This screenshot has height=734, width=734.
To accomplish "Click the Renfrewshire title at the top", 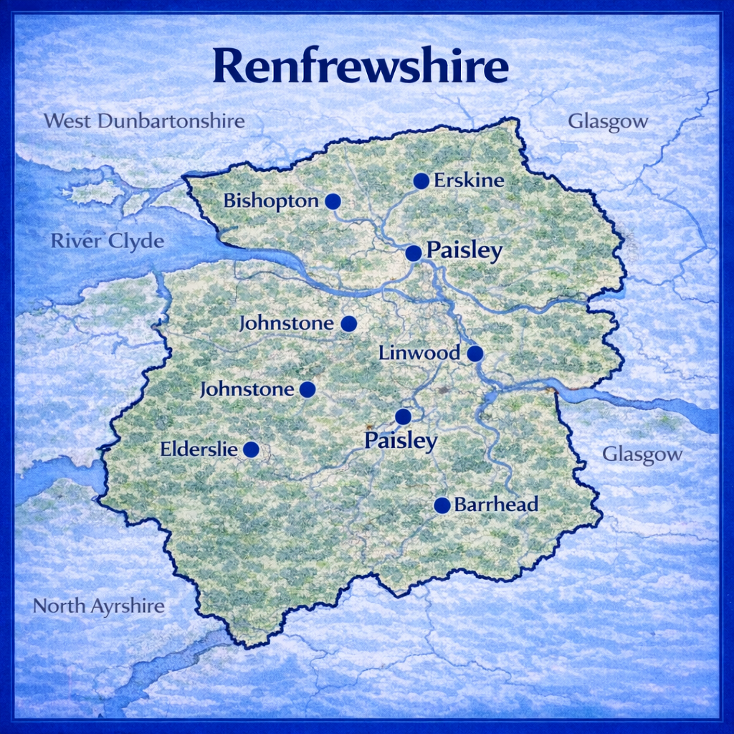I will tap(361, 67).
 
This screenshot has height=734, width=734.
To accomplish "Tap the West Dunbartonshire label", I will tap(144, 120).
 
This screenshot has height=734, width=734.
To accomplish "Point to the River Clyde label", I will tap(107, 242).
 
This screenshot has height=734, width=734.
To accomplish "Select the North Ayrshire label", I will tap(99, 606).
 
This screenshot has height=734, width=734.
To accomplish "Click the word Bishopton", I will tap(271, 201).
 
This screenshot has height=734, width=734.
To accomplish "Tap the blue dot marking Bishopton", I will tap(333, 201).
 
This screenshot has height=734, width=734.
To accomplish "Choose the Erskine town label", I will tap(469, 181).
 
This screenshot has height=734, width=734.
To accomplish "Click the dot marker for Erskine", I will tap(421, 181).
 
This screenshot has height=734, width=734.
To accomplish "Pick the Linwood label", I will tap(419, 353).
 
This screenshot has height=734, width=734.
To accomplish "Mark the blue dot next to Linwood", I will tap(475, 353).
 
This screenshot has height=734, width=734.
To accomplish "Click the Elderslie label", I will tap(199, 449).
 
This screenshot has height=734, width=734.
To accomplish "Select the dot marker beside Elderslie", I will tap(251, 449).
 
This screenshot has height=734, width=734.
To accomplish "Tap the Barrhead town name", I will tap(496, 505).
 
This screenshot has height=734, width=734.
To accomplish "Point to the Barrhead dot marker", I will tap(442, 505).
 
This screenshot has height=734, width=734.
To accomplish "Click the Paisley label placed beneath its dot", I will tap(401, 441).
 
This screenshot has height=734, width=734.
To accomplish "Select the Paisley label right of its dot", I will tap(464, 251).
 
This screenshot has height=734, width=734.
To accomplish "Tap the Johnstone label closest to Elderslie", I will tap(247, 390).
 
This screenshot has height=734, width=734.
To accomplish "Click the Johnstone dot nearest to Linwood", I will tap(348, 324).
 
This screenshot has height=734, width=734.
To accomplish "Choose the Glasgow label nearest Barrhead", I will tap(642, 454).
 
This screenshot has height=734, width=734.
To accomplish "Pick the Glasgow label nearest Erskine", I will tap(608, 121).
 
